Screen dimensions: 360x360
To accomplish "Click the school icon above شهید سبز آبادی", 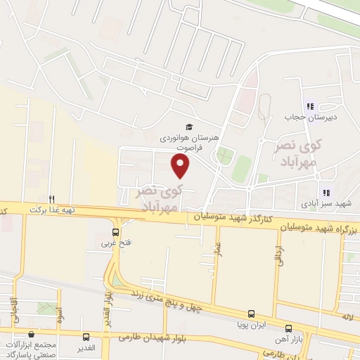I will (325, 192).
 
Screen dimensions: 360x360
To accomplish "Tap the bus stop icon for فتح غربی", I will (116, 232).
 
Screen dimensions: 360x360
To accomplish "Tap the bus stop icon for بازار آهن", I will (288, 328).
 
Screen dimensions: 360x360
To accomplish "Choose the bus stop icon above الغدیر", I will (86, 337).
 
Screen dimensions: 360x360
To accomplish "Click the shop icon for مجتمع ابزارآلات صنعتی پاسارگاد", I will (30, 335).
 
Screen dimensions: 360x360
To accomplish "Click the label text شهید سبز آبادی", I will (333, 203).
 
